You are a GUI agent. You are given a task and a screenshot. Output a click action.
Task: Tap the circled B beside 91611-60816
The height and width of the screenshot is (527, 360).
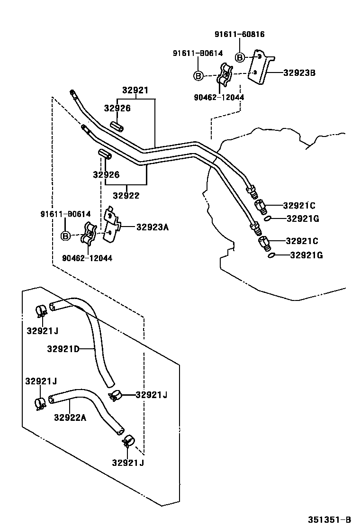pyautogui.click(x=240, y=58)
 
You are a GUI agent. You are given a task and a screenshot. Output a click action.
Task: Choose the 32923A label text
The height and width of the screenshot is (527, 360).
pyautogui.click(x=153, y=227)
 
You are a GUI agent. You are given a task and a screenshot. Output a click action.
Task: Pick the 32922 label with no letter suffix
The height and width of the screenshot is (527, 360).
pyautogui.click(x=126, y=195)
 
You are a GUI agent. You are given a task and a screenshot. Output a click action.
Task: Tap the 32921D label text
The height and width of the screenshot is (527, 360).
pyautogui.click(x=63, y=349)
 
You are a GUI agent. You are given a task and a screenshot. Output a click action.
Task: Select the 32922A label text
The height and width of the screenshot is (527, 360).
pyautogui.click(x=70, y=418)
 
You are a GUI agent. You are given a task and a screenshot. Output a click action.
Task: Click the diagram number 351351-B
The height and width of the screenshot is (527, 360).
pyautogui.click(x=329, y=519)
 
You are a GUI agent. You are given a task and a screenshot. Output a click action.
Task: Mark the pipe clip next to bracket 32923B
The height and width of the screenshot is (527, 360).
pyautogui.click(x=225, y=75)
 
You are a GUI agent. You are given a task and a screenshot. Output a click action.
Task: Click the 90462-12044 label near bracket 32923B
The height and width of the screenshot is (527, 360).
pyautogui.click(x=219, y=97)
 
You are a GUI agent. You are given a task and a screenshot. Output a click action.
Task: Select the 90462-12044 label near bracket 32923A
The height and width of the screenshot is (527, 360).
pyautogui.click(x=87, y=258)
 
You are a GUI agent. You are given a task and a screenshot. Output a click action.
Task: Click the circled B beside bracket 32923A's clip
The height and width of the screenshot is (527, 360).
pyautogui.click(x=65, y=236)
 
